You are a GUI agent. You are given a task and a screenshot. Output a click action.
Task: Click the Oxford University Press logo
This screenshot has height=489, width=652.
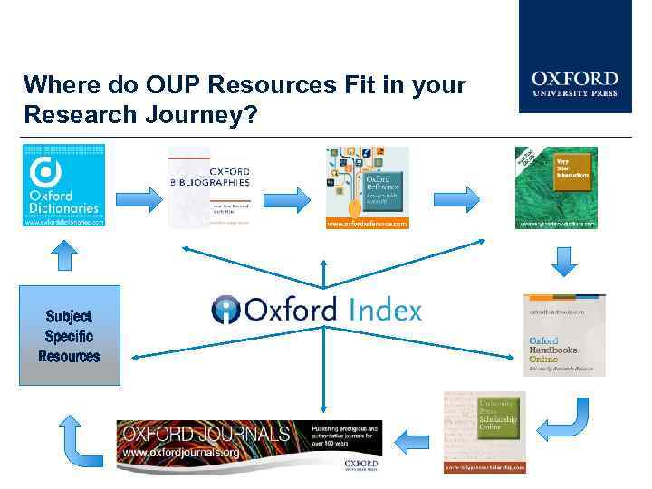click(x=574, y=83)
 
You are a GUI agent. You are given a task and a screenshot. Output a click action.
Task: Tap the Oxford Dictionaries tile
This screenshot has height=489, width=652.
click(x=63, y=186)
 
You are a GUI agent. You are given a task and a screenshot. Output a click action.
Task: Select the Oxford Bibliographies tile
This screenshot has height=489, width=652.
click(x=208, y=187)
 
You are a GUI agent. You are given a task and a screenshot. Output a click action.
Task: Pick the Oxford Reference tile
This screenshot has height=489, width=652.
click(x=367, y=187)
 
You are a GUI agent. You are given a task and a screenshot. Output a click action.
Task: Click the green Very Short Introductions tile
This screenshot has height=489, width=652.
click(x=556, y=187)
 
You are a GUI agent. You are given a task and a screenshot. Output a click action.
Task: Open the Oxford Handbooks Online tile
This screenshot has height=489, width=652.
click(x=564, y=334)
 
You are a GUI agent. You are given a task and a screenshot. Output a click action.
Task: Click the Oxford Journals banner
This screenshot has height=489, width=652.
click(x=249, y=446)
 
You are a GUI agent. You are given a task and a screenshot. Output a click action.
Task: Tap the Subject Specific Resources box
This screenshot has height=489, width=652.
click(x=69, y=336)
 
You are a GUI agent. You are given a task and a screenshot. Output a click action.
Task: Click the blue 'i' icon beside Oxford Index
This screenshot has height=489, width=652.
click(x=225, y=310)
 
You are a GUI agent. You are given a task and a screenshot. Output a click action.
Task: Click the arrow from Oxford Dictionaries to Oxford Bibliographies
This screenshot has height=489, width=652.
click(x=138, y=198)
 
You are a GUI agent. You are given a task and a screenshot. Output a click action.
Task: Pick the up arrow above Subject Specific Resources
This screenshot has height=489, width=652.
click(x=62, y=256)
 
